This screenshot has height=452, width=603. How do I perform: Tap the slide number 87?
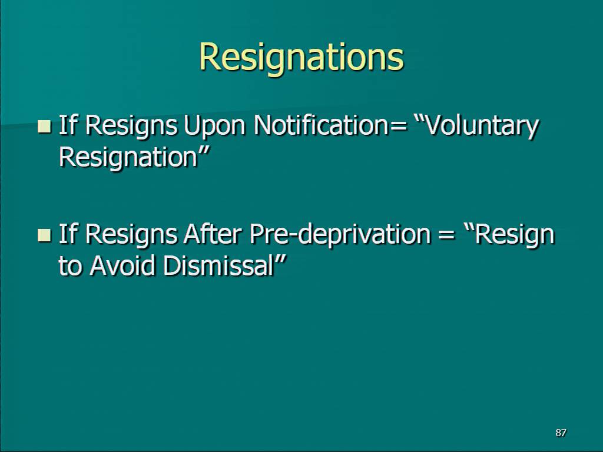point(561,433)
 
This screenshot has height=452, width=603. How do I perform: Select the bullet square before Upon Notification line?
point(44,127)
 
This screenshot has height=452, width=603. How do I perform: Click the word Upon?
point(214,127)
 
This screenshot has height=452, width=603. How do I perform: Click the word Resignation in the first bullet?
point(128,158)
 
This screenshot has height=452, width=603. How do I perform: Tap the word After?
point(213,234)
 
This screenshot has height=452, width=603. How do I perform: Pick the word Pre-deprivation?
point(340,235)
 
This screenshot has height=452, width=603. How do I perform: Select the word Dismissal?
point(218,265)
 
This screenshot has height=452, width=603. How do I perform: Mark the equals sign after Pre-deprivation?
point(446,235)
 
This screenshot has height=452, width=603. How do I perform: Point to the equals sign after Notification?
point(398,127)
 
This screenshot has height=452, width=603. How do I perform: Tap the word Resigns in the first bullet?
point(131,127)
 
